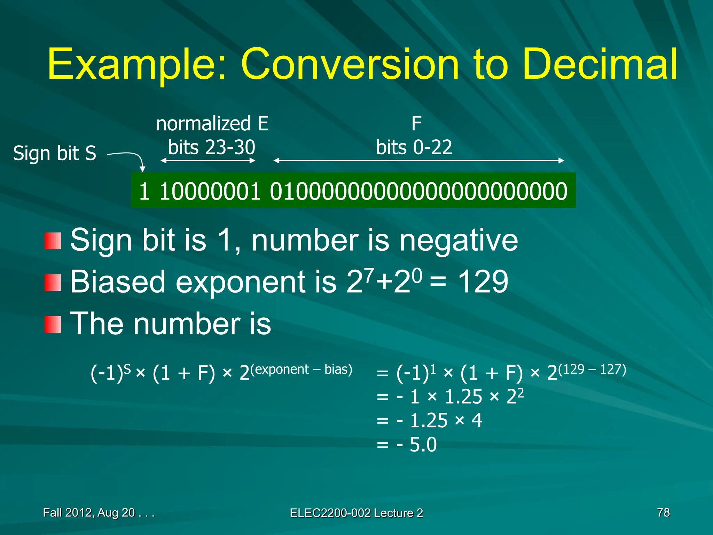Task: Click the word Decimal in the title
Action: tap(600, 64)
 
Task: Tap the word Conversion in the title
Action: tap(350, 64)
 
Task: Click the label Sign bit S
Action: tap(55, 153)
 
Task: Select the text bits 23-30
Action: tap(211, 147)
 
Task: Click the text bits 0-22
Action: tap(414, 147)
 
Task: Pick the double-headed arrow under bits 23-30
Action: tap(208, 161)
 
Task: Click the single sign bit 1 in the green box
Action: tap(144, 191)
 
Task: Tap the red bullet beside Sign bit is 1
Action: tap(53, 241)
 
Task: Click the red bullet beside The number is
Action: tap(53, 324)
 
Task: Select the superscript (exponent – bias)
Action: tap(301, 369)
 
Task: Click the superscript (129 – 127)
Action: tap(592, 369)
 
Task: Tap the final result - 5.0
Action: tap(417, 445)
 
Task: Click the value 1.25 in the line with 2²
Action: tap(463, 397)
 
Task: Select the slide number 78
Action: tap(663, 512)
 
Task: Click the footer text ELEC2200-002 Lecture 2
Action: tap(356, 513)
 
